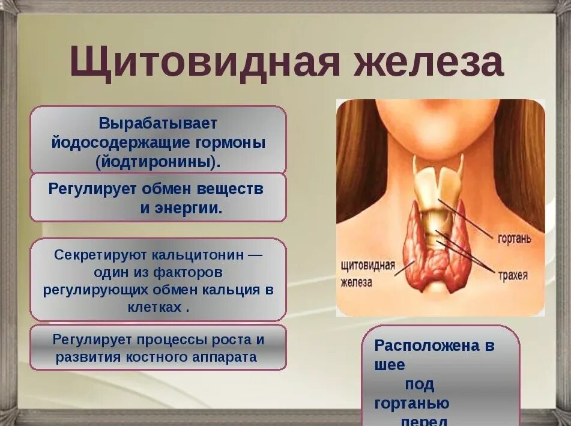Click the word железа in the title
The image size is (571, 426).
[x=427, y=62]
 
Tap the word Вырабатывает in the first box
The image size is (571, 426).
[x=158, y=123]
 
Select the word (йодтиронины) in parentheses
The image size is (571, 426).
[x=157, y=162]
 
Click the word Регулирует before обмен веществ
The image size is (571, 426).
[x=93, y=189]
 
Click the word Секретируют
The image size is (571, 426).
[x=94, y=254]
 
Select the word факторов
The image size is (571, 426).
[x=189, y=272]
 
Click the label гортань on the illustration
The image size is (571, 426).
[x=515, y=239]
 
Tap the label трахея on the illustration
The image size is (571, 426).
[x=512, y=276]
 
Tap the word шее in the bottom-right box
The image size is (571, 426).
[x=390, y=365]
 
